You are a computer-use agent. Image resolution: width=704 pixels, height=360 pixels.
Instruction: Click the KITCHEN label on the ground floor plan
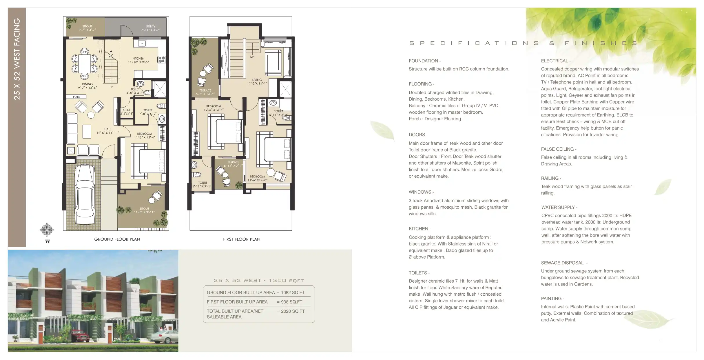tap(138, 59)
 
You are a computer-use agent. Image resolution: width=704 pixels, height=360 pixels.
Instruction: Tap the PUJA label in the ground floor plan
tap(76, 97)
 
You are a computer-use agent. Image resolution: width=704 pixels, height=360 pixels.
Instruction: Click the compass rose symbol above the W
tap(47, 230)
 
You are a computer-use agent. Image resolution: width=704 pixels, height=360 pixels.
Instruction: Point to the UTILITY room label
tap(150, 26)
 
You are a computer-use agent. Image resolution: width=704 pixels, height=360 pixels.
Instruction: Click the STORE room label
tap(127, 110)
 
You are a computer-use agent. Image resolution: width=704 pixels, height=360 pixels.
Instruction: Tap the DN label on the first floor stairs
tap(252, 57)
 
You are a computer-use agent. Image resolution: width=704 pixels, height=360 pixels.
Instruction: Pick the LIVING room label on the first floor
tap(257, 80)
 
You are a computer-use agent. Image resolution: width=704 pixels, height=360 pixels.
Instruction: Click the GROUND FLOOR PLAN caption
tap(117, 239)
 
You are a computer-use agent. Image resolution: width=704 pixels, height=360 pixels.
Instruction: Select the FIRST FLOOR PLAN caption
tap(242, 239)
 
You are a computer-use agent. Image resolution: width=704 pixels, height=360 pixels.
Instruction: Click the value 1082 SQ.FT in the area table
tap(293, 293)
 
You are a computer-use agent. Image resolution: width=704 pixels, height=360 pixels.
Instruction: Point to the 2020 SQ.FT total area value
tap(293, 311)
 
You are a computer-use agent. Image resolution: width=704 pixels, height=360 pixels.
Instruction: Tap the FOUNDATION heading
tap(423, 61)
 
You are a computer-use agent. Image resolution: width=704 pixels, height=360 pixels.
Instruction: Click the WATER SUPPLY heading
tap(558, 208)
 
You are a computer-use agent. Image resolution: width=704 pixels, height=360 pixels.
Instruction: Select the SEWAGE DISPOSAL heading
tap(562, 263)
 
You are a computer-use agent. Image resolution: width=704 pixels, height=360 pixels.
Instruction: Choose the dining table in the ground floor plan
tap(85, 64)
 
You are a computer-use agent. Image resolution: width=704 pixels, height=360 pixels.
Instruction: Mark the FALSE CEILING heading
tap(557, 149)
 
